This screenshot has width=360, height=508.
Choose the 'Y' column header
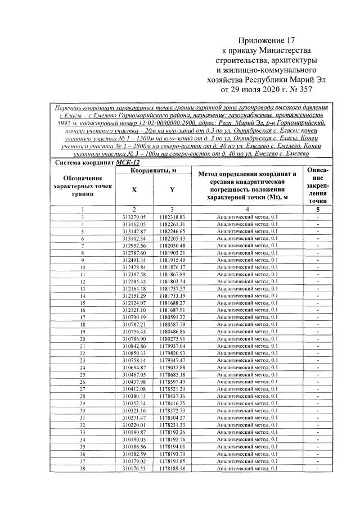click(172, 189)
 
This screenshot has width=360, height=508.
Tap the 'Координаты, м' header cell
click(153, 170)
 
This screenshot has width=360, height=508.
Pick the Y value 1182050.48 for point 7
click(172, 246)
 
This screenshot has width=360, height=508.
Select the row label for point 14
click(83, 296)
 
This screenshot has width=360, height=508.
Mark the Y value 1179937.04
click(172, 347)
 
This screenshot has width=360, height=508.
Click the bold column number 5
click(318, 208)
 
